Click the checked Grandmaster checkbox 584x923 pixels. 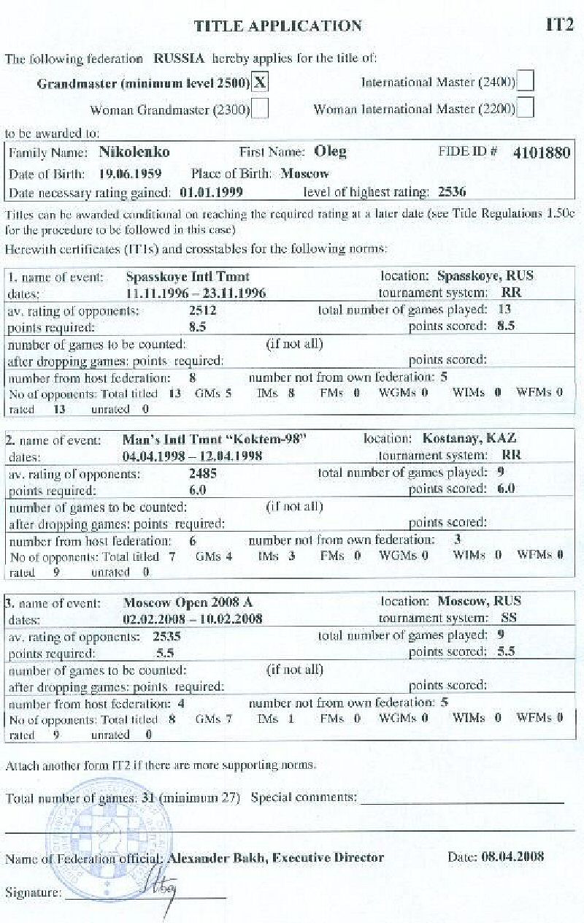pos(259,83)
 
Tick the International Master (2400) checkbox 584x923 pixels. pos(525,82)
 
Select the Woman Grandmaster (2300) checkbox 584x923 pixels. pos(259,110)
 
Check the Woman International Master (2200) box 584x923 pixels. pos(525,109)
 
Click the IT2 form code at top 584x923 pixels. pos(559,26)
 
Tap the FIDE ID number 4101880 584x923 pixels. pos(541,153)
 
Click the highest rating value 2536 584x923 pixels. pos(452,193)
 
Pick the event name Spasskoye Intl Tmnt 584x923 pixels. pos(188,277)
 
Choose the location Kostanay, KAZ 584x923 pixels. pos(469,439)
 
